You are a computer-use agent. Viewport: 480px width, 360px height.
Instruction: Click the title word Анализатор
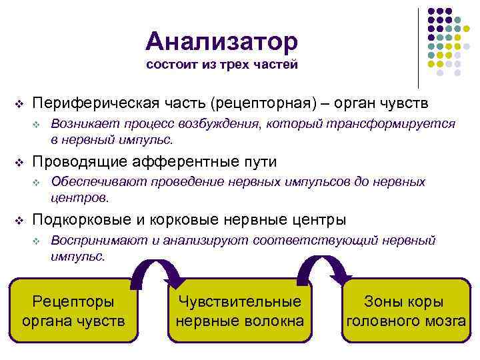[x=222, y=41]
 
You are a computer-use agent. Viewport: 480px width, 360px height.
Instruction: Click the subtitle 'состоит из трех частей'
[x=221, y=65]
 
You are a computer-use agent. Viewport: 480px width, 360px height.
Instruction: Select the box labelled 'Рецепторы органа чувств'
[x=73, y=311]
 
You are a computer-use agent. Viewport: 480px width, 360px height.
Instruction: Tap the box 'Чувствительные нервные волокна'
[x=239, y=311]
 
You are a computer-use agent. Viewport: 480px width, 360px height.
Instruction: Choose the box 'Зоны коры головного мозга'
[x=405, y=311]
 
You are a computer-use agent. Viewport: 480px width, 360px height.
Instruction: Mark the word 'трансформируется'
[x=407, y=124]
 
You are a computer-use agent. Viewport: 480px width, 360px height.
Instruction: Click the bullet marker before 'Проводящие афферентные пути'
[x=19, y=163]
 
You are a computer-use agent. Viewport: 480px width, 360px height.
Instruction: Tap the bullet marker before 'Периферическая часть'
[x=19, y=105]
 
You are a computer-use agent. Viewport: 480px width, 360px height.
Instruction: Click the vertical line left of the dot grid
[x=418, y=47]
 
